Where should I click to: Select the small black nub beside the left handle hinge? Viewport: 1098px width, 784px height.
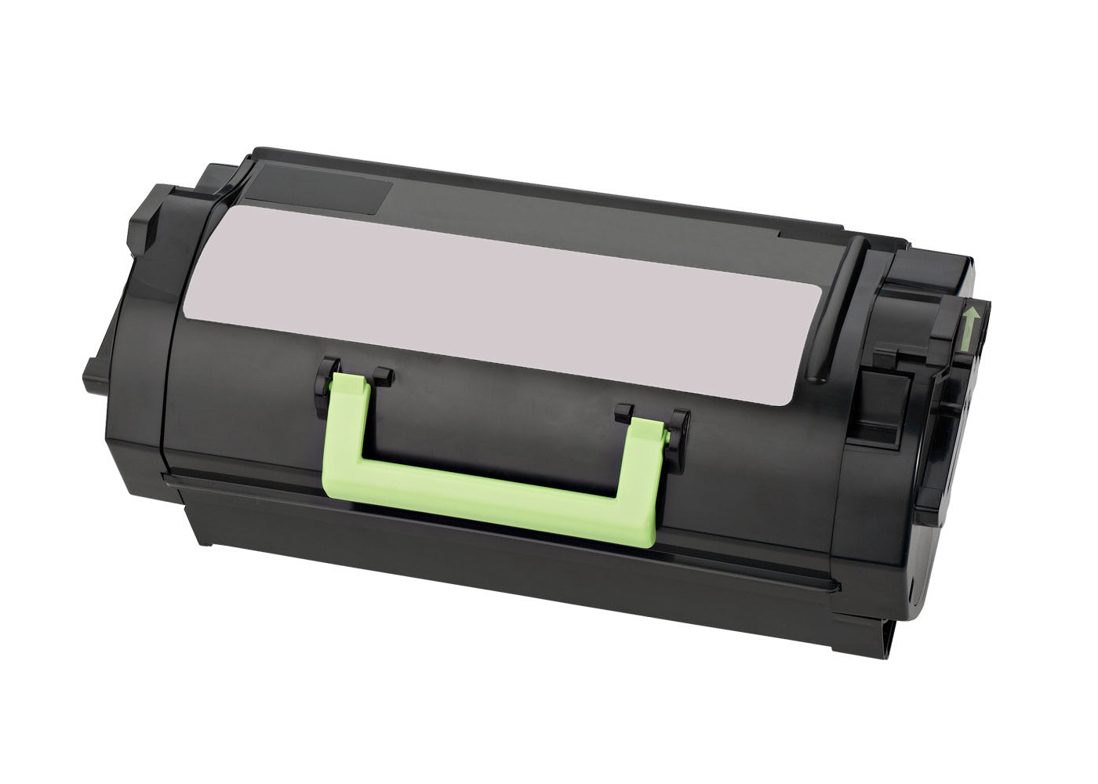click(381, 376)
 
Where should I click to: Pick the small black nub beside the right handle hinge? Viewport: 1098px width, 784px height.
click(624, 411)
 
